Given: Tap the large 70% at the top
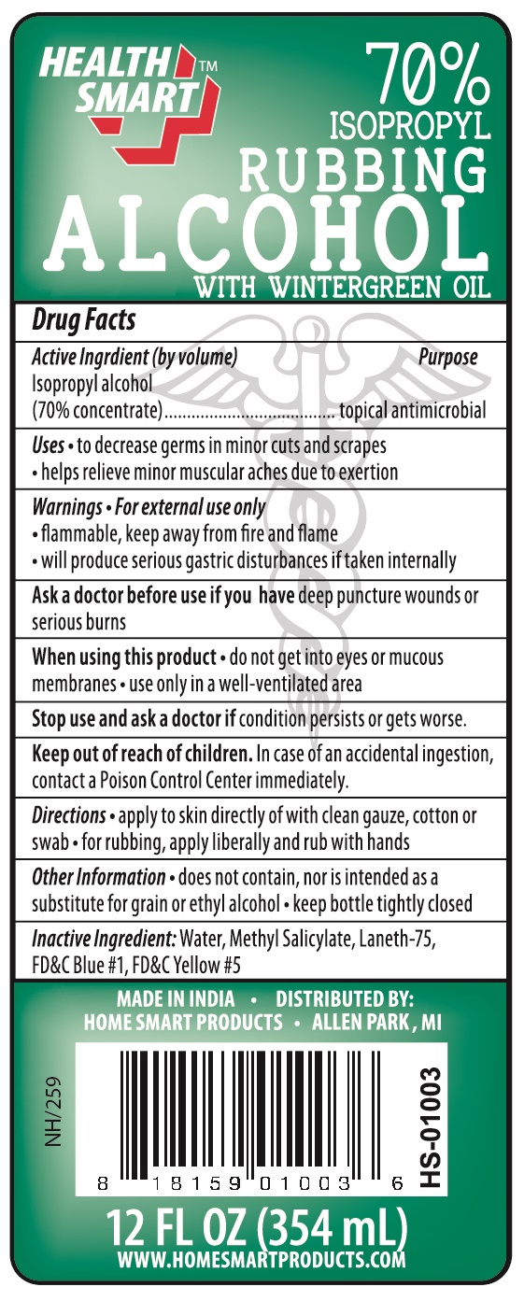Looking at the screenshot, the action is pos(428,72).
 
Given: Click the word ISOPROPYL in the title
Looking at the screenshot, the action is pos(411,124).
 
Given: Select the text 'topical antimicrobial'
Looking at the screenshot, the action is pos(412,410).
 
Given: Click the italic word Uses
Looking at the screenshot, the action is pos(48,446).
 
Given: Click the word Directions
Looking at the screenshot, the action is pos(68,815).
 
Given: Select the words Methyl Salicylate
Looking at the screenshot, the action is pos(308,937).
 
